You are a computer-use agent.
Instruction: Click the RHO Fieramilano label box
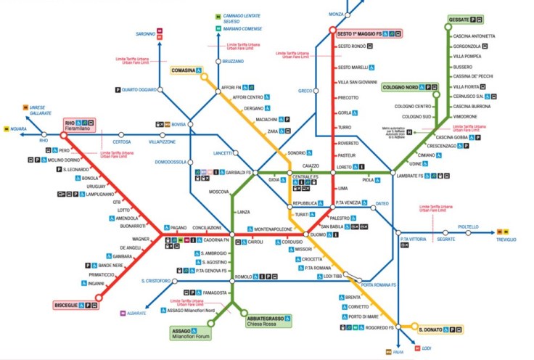(81, 126)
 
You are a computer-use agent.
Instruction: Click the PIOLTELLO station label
(469, 227)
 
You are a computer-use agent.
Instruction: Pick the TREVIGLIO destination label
(506, 240)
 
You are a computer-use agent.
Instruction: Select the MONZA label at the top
(336, 14)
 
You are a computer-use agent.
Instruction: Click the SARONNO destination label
(145, 34)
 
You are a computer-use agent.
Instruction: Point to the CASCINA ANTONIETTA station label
(474, 36)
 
